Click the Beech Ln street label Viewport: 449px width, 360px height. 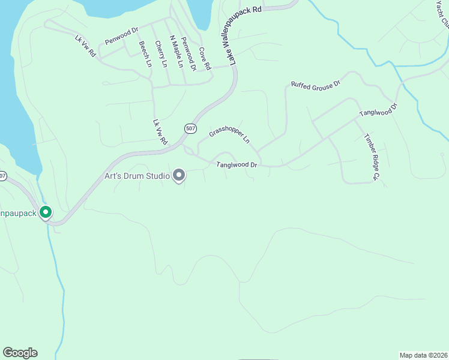[145, 53]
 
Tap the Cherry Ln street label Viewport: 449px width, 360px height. [160, 54]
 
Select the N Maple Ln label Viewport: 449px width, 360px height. [175, 52]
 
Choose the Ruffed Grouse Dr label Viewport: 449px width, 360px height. [316, 83]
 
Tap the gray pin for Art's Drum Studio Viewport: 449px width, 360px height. [178, 175]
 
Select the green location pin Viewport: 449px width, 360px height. [45, 212]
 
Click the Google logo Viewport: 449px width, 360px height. [20, 353]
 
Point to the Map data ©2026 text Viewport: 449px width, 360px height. [423, 355]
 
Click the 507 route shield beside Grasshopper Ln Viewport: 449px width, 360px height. [190, 128]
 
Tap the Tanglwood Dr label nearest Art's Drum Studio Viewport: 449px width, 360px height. [237, 164]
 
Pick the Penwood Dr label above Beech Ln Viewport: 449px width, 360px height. [122, 38]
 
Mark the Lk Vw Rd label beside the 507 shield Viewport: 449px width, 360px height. [160, 132]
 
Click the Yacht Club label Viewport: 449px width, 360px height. [443, 13]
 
